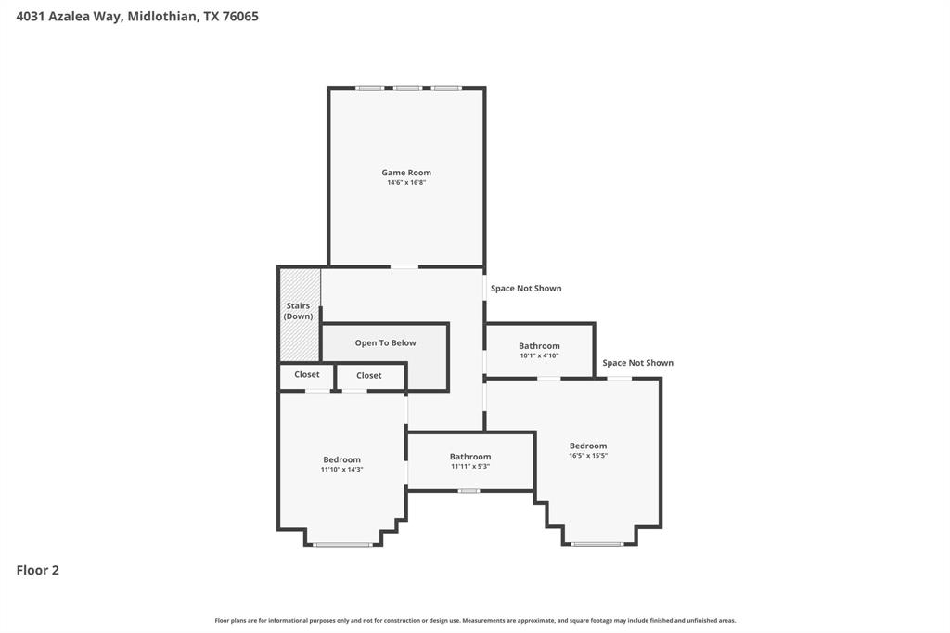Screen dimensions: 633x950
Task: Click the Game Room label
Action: point(406,173)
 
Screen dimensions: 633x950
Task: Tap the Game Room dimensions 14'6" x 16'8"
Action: point(406,183)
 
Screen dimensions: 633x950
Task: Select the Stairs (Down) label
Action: point(298,311)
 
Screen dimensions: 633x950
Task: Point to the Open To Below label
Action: point(385,343)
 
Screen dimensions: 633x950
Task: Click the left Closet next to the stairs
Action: point(307,375)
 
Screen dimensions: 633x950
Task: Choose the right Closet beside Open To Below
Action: point(369,376)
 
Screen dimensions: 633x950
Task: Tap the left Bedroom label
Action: point(341,459)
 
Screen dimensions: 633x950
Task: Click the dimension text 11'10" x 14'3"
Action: point(341,470)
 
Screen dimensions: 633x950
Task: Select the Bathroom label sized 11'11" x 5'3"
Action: point(470,457)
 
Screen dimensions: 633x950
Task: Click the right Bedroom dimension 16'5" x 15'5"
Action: point(588,456)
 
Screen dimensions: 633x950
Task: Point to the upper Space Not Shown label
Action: point(526,289)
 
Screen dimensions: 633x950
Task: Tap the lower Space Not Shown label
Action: point(638,363)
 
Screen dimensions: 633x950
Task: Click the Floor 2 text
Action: point(38,571)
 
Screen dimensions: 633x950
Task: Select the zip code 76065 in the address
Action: point(239,16)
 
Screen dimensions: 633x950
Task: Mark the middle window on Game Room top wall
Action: point(406,88)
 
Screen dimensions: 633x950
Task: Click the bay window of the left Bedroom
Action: point(342,544)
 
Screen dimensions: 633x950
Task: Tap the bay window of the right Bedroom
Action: point(597,544)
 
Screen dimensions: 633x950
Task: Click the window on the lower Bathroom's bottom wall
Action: point(469,490)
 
